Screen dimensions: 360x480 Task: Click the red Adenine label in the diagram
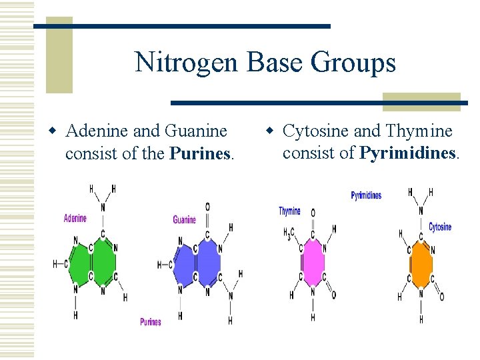point(75,218)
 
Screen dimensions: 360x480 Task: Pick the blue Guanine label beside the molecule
point(184,220)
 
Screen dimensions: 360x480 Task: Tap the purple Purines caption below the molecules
point(150,322)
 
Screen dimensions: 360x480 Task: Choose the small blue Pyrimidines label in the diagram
point(366,195)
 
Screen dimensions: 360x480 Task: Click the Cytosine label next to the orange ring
point(440,227)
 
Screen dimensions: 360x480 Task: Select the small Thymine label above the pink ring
point(289,211)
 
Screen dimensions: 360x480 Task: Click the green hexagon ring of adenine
point(103,263)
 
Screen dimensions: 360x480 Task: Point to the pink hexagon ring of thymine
point(312,263)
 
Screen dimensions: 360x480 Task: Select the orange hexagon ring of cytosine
point(421,263)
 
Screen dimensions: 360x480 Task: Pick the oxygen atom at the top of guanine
point(207,207)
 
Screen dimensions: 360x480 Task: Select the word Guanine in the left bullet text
point(193,131)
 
